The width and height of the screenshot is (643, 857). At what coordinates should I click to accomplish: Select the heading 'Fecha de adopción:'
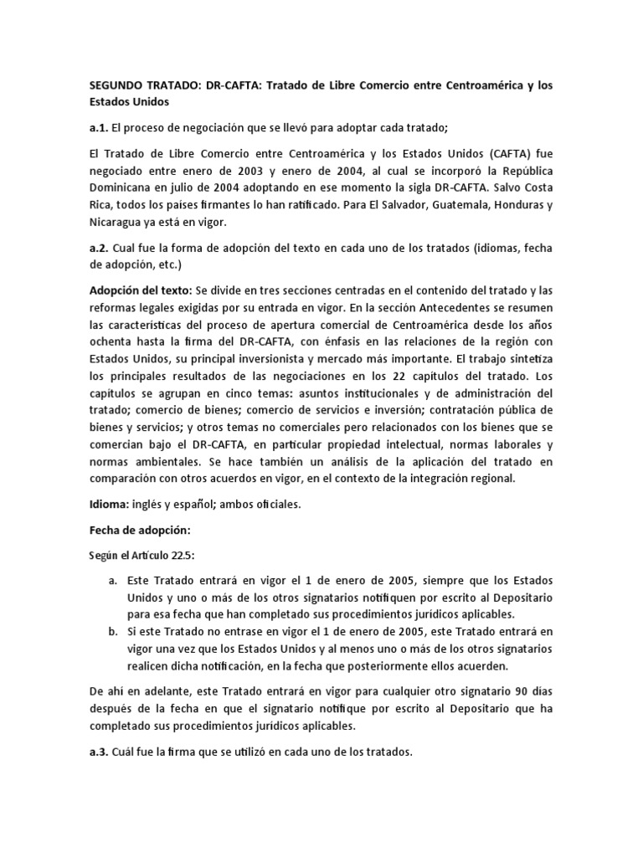[x=140, y=530]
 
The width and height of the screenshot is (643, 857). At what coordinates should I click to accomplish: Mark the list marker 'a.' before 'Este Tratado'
[x=112, y=580]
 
